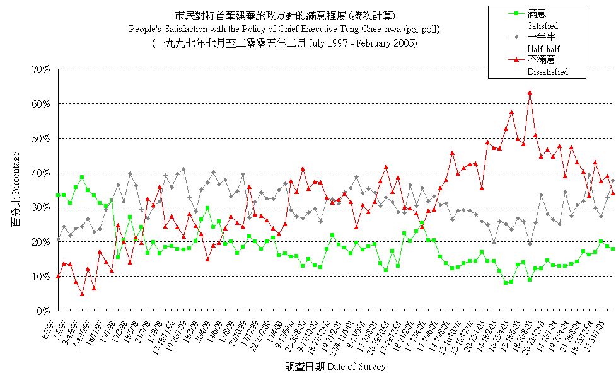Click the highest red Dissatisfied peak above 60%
tap(530, 93)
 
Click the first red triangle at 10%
tap(58, 276)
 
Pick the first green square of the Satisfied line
tap(58, 195)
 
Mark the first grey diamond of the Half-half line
tap(58, 239)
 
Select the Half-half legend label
tap(543, 49)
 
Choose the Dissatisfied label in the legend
tap(547, 72)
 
